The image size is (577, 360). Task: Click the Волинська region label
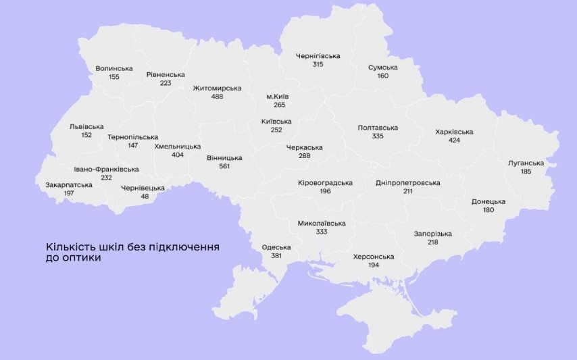click(114, 68)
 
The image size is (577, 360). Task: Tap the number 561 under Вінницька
click(224, 166)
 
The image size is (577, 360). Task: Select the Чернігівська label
click(318, 56)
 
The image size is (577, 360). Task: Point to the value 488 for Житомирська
click(217, 97)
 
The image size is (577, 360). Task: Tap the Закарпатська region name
click(69, 184)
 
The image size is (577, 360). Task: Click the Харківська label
click(454, 132)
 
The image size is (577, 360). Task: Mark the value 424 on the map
click(454, 140)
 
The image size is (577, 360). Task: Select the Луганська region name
click(526, 163)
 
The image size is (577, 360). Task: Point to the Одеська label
click(276, 247)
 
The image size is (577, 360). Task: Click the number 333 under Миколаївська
click(322, 232)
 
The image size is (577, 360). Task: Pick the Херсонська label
click(373, 257)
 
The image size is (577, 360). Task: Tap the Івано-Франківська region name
click(107, 169)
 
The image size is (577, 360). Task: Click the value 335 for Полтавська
click(378, 136)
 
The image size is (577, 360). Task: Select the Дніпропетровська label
click(408, 183)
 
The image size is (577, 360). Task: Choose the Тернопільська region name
click(132, 137)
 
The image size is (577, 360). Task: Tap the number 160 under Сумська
click(383, 76)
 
